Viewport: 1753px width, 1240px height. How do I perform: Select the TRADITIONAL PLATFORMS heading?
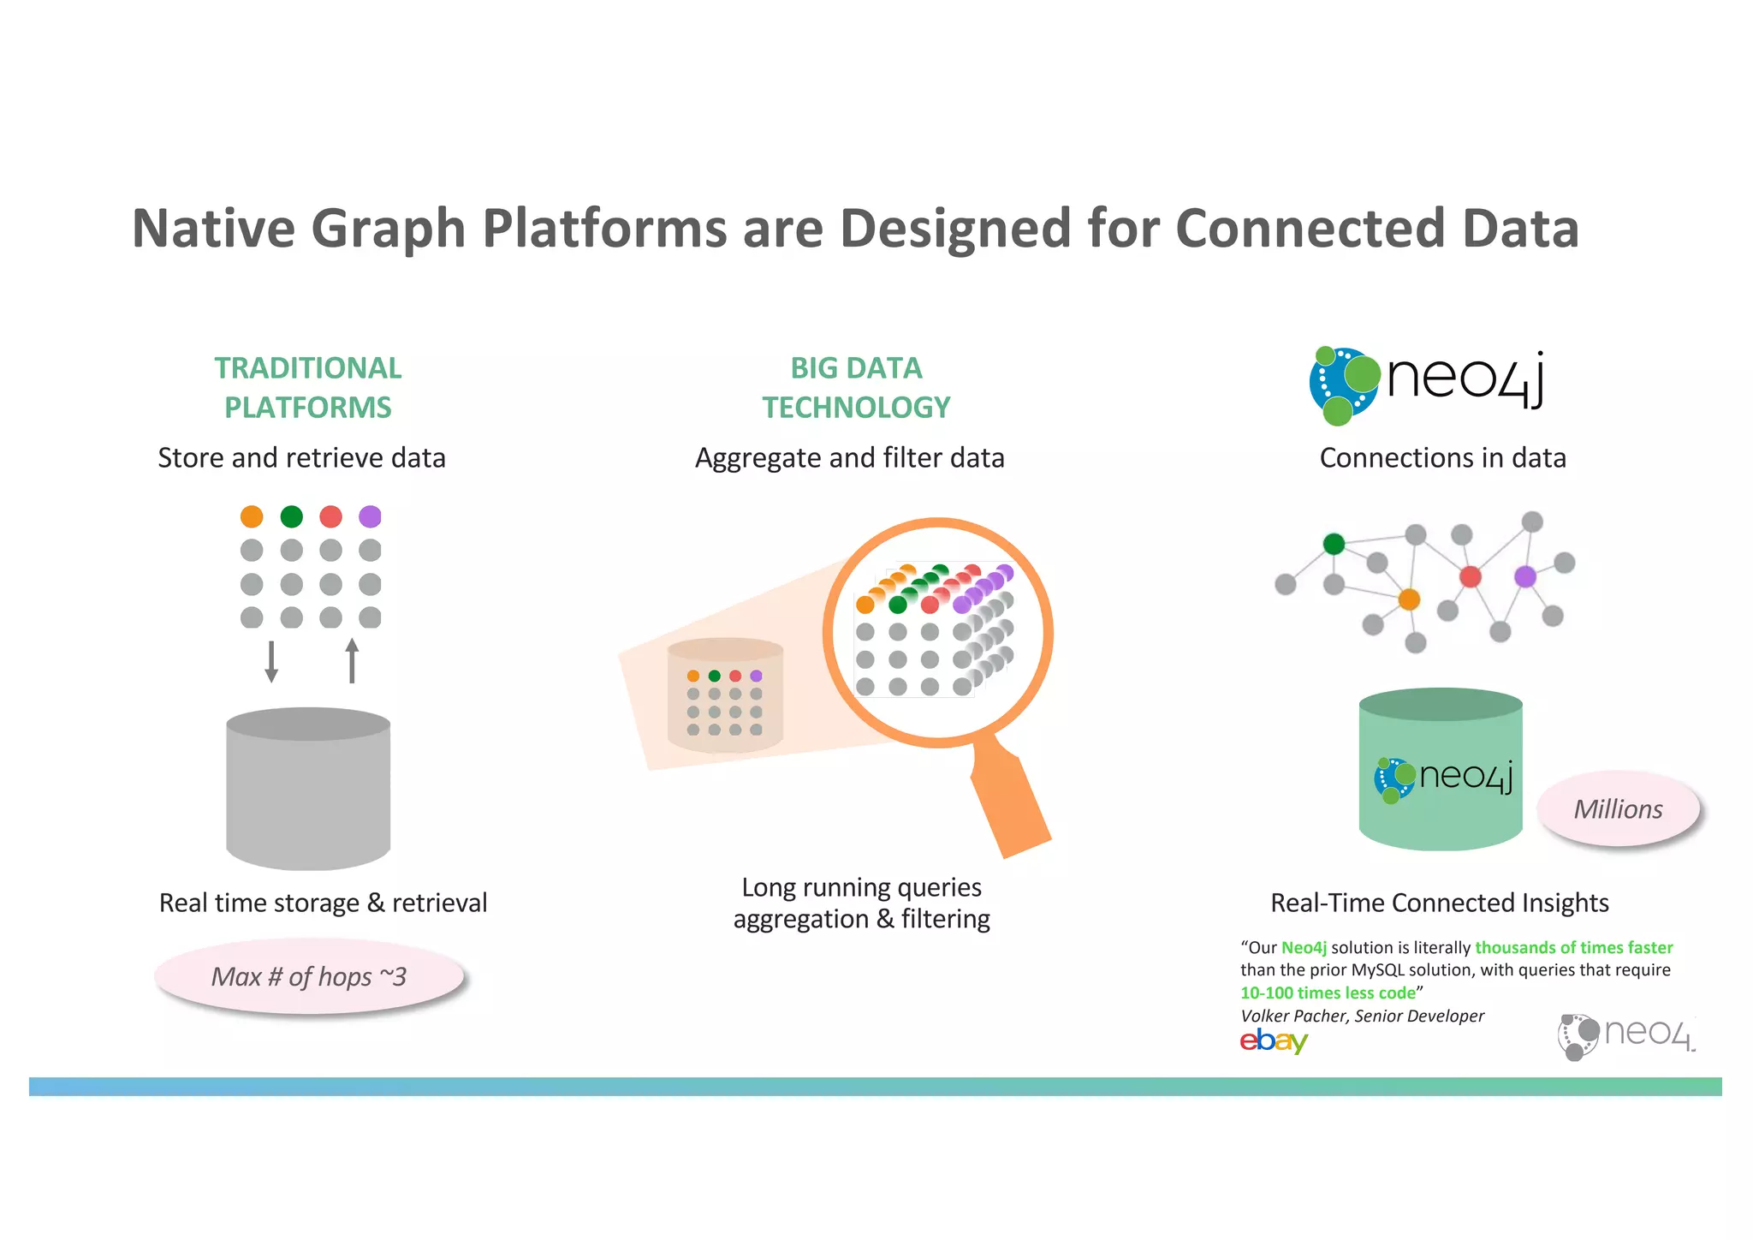[x=307, y=388]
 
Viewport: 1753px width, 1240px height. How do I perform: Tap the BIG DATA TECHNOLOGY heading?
[x=856, y=388]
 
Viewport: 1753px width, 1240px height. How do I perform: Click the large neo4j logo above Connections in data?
[x=1426, y=384]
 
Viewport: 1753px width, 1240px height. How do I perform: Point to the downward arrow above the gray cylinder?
[x=271, y=661]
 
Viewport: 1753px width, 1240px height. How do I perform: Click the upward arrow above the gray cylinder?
[x=352, y=660]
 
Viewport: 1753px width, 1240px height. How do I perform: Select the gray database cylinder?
[x=308, y=792]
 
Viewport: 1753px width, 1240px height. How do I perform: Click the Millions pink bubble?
[x=1618, y=809]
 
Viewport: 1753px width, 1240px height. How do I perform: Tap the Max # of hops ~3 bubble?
[x=309, y=977]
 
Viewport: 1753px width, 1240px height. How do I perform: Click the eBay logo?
[x=1274, y=1040]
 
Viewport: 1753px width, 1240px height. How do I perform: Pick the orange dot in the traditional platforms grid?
[x=252, y=516]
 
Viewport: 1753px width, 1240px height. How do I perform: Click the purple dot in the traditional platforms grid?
[x=370, y=516]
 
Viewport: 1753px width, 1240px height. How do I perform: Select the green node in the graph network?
[x=1334, y=544]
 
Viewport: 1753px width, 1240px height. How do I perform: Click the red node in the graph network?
[x=1471, y=576]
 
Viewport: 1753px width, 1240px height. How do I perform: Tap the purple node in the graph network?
[x=1525, y=576]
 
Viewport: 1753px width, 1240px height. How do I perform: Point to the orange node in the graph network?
[x=1409, y=599]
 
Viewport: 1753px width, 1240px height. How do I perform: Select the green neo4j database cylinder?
[x=1441, y=771]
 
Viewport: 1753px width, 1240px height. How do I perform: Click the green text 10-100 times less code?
[x=1328, y=993]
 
